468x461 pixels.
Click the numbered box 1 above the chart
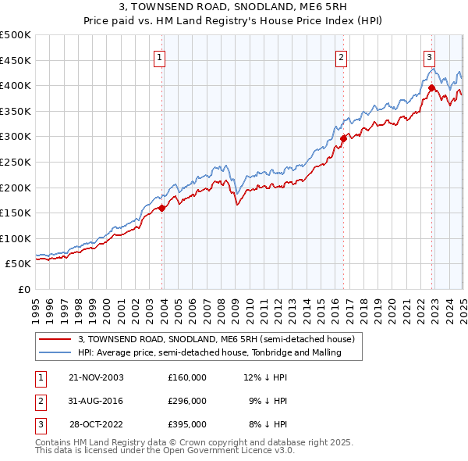159,56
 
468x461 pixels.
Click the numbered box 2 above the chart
341,56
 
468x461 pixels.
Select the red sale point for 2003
162,208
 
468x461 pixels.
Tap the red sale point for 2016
343,138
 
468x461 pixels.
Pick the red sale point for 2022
431,88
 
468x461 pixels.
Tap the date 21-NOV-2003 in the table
96,377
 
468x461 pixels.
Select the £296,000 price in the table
186,401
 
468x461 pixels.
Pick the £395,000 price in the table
186,425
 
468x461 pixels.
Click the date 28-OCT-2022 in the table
96,425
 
